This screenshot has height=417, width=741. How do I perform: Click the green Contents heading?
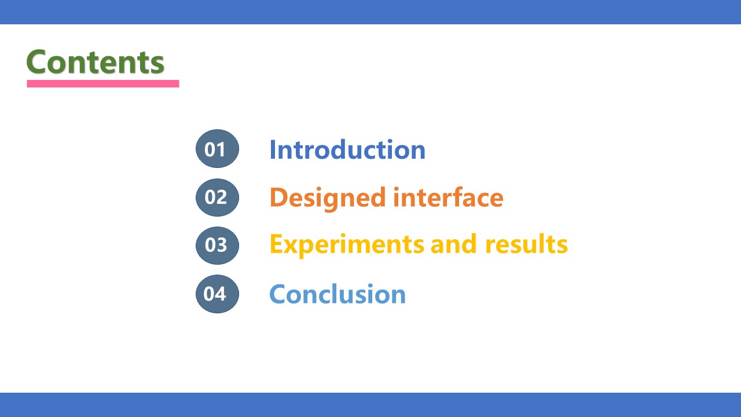point(96,61)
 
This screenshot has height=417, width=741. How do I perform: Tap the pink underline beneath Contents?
point(103,84)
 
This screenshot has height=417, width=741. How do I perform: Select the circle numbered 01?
point(217,149)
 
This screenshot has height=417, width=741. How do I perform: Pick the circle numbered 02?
point(217,197)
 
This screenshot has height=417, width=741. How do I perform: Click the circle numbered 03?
point(217,245)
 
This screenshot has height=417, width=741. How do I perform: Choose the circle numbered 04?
point(217,294)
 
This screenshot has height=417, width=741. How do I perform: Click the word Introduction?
point(347,149)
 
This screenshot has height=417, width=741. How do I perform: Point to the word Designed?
point(328,198)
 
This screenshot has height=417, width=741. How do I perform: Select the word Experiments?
point(347,245)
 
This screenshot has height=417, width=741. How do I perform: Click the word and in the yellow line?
point(453,244)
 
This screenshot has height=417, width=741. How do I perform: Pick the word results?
point(526,244)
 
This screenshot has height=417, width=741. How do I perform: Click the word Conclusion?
point(338,294)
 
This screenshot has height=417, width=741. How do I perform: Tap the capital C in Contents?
point(36,61)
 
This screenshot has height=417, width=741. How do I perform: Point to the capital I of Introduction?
point(273,149)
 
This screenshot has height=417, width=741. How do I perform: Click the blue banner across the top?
point(370,12)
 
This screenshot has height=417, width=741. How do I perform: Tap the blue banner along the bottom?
point(370,405)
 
